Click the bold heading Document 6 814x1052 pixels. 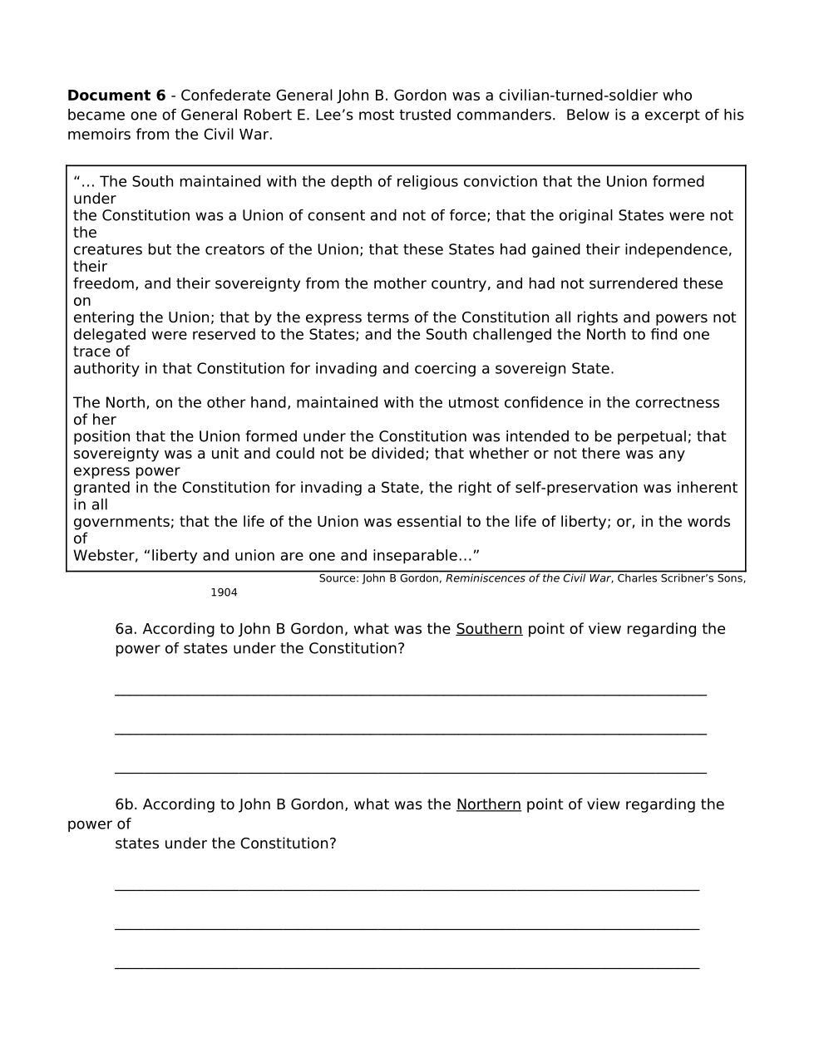click(x=116, y=96)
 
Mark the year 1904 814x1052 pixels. click(x=224, y=592)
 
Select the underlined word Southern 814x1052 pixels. click(x=489, y=629)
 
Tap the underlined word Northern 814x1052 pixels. click(x=488, y=804)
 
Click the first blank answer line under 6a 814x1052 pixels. click(x=411, y=694)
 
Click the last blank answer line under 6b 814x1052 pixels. click(x=407, y=967)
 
